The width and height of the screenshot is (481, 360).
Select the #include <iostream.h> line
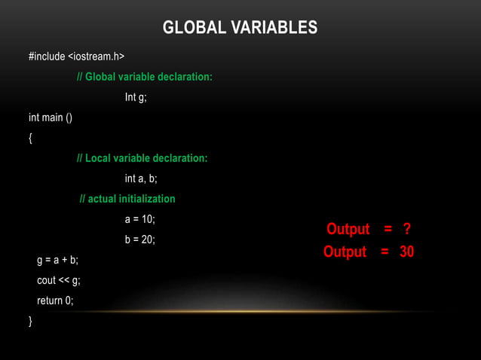(76, 56)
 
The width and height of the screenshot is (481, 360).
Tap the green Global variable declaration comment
(145, 77)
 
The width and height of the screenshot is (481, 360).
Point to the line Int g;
(136, 97)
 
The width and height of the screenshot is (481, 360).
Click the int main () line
(51, 117)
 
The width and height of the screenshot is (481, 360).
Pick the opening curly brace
(31, 138)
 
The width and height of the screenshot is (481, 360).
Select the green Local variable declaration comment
(142, 158)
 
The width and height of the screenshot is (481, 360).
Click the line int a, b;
(141, 178)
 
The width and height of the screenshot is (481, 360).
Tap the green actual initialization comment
(127, 199)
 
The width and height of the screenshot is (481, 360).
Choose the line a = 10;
(139, 219)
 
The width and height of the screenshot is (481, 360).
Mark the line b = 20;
(139, 239)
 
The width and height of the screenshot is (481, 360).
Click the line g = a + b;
(57, 260)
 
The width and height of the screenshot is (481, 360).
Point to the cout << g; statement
(59, 280)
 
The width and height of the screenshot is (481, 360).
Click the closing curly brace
(31, 321)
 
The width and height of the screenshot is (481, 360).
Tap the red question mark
(407, 229)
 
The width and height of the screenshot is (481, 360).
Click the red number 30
(406, 252)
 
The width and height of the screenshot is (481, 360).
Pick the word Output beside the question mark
(348, 229)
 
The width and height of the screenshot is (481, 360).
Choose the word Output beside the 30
(345, 252)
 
